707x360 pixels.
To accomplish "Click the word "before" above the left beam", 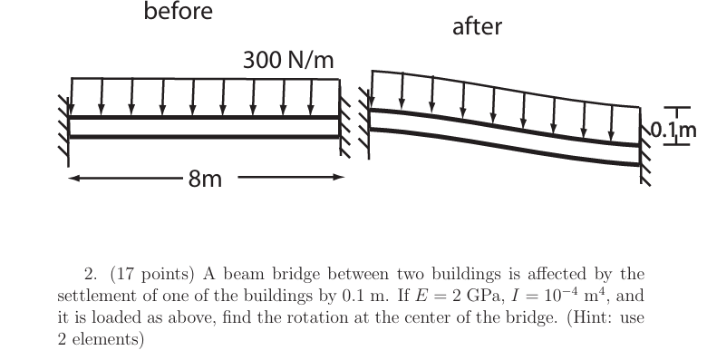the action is (179, 12).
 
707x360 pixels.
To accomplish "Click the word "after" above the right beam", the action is (477, 27).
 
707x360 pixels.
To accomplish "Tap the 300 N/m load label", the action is (289, 61).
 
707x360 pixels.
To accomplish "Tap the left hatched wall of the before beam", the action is (63, 126).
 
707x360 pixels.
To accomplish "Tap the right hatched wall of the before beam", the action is (345, 127).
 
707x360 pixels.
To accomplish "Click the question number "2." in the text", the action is (90, 274).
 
